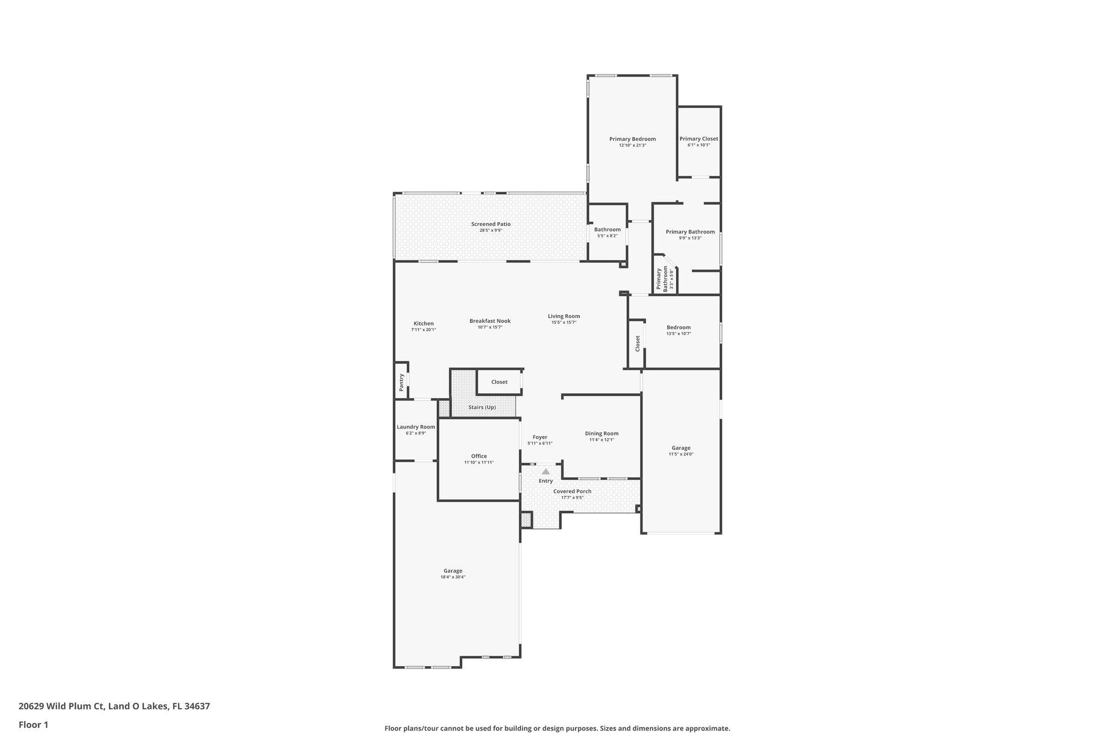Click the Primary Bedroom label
(632, 139)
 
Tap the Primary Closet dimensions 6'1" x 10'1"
(699, 145)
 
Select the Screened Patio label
(491, 224)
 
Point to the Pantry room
(402, 382)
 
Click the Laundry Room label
(416, 427)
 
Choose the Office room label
(479, 456)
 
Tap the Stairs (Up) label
(482, 407)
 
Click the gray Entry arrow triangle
(546, 471)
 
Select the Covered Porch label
(572, 491)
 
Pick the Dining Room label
(602, 433)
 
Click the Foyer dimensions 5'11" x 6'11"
(540, 444)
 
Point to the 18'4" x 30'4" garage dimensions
(453, 577)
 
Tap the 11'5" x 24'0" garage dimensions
(681, 454)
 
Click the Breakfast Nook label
(490, 321)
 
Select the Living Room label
(563, 316)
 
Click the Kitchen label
(424, 323)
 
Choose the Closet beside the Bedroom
(637, 343)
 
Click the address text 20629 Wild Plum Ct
(61, 707)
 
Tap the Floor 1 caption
(33, 725)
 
